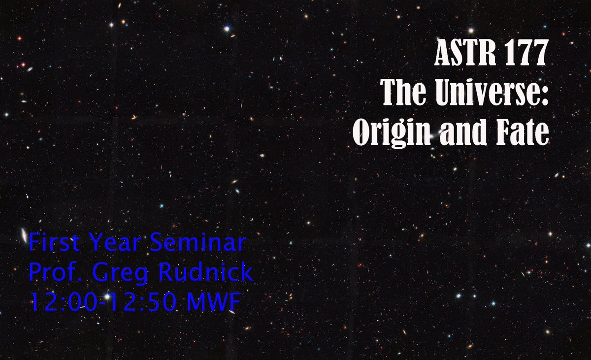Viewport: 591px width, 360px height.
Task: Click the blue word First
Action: click(x=54, y=243)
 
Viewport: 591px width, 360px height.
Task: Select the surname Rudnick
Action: click(x=207, y=273)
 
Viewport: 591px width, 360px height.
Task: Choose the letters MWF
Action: click(x=212, y=303)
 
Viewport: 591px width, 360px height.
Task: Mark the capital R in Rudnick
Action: click(x=170, y=273)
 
